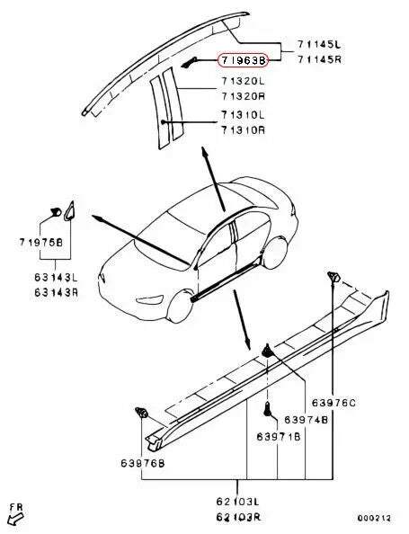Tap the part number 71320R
coord(244,94)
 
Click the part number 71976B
coord(42,243)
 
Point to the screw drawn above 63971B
coord(268,412)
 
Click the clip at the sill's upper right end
coord(333,275)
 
